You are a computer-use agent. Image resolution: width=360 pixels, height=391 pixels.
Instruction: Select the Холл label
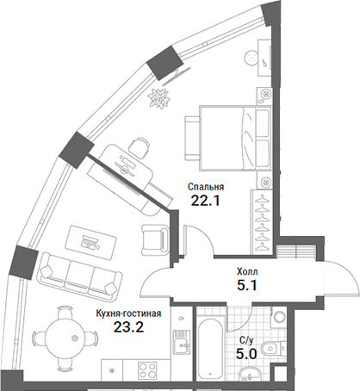(248, 270)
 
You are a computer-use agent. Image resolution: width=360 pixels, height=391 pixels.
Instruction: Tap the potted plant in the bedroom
(158, 96)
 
